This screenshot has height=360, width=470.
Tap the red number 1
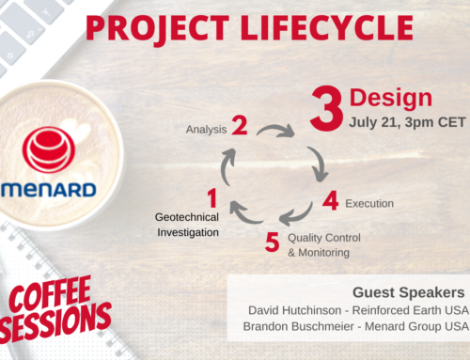point(211,197)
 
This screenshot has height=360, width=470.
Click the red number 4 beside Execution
point(330,200)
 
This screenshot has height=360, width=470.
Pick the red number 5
point(272,243)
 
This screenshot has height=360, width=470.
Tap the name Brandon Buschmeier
point(295,328)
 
